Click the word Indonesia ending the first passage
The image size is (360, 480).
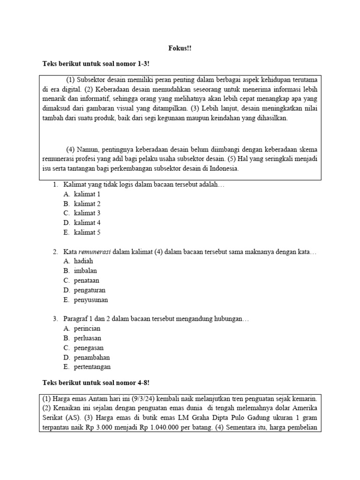[x=224, y=169]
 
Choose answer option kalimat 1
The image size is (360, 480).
[x=87, y=194]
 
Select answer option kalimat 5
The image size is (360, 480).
[x=87, y=232]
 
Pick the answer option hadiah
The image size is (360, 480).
[x=83, y=261]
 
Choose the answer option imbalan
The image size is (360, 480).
[x=85, y=271]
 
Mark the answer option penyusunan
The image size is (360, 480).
[x=90, y=300]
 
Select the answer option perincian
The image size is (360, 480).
[x=87, y=329]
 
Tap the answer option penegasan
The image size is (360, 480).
[x=88, y=348]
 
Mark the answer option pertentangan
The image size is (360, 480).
[x=92, y=367]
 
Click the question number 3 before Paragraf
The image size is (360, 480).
[x=55, y=319]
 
